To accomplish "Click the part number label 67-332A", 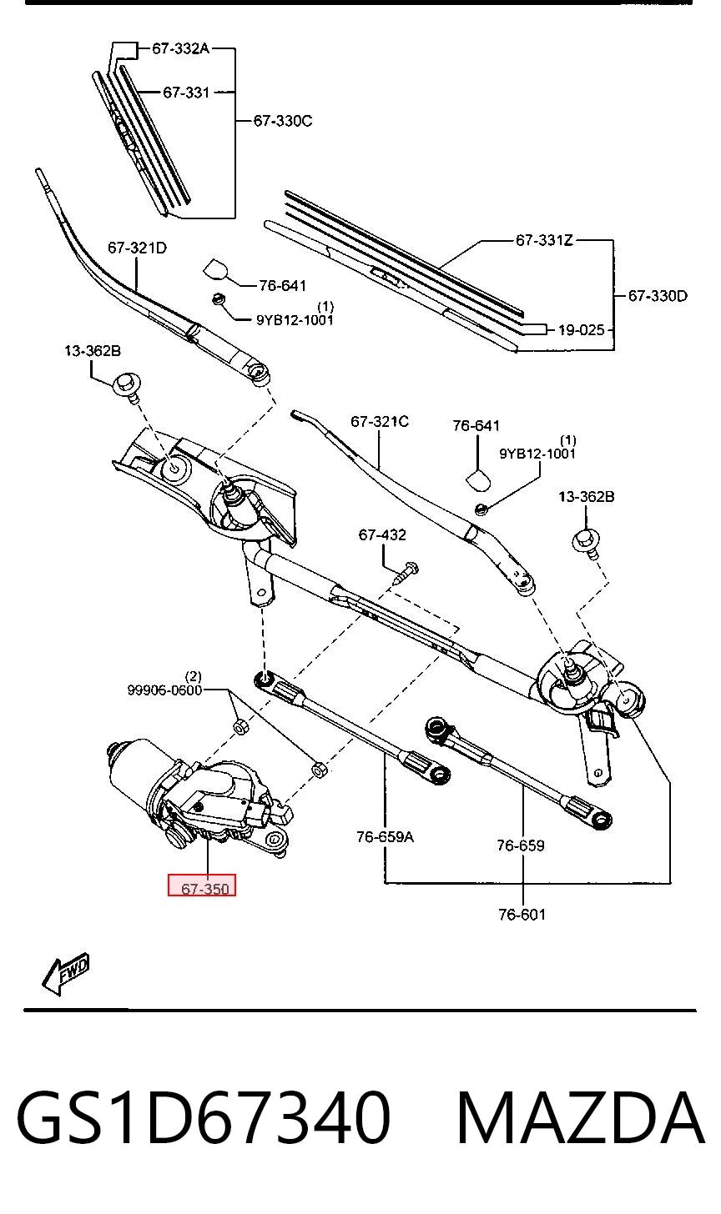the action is (180, 48).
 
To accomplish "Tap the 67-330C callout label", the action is (283, 121).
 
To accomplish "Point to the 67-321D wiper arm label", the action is (137, 248).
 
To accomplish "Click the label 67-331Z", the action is (544, 240).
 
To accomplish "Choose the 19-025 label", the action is (581, 329).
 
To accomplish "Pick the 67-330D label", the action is (658, 296).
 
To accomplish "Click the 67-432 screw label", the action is (382, 535).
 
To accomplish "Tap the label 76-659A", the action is (385, 837).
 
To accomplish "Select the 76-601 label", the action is (522, 915).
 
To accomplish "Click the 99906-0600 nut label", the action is (164, 690).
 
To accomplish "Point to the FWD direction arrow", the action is (66, 974).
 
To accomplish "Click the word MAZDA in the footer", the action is (581, 1119).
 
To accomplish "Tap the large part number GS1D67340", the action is (204, 1119).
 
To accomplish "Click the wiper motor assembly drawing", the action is (199, 797).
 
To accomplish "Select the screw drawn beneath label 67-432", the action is (406, 573).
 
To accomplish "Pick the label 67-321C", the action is (380, 422).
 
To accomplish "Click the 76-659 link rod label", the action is (520, 845).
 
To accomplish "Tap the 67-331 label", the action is (186, 93).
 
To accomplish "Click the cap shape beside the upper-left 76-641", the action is (216, 269).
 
